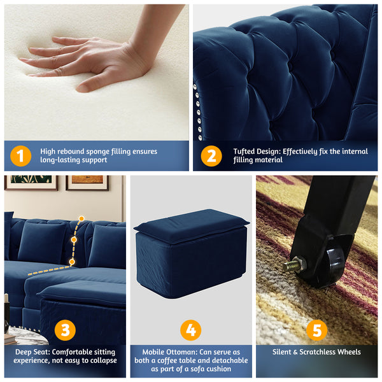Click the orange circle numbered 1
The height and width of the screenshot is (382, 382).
pos(20,156)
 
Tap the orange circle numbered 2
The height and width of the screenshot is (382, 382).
pos(211,156)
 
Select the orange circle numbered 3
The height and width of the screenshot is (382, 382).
pos(64,330)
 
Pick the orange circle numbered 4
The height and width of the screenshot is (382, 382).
pos(190,330)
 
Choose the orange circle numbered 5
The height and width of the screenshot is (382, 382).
pos(317,330)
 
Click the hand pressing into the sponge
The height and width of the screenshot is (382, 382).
pos(95,60)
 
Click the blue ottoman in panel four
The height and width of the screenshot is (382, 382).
pos(190,251)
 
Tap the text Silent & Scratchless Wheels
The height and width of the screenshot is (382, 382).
pos(317,352)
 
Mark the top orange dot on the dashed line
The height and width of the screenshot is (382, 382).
pos(81,218)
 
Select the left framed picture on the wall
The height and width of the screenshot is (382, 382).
pos(31,183)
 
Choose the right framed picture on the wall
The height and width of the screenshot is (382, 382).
pos(87,183)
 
